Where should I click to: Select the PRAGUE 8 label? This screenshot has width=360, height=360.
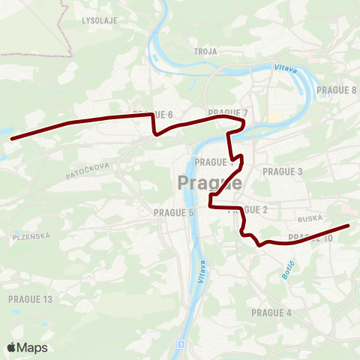click(336, 90)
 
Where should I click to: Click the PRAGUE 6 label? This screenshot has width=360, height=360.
click(153, 114)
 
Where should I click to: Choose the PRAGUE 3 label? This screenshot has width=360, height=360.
click(283, 172)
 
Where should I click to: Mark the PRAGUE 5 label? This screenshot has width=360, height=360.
click(173, 213)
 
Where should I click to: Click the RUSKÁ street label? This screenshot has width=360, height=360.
click(310, 219)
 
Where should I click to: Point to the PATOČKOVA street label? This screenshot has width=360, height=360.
click(88, 171)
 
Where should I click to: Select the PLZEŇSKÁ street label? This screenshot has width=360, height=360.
click(31, 236)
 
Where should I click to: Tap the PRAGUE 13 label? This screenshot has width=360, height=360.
click(30, 299)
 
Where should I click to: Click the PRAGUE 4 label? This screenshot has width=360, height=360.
click(271, 312)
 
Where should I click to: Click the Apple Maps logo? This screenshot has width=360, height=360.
click(27, 347)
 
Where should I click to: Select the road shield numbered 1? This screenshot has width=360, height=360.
click(181, 343)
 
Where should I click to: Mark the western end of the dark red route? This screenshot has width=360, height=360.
click(11, 139)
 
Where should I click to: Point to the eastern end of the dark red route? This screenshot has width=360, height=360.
click(348, 225)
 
